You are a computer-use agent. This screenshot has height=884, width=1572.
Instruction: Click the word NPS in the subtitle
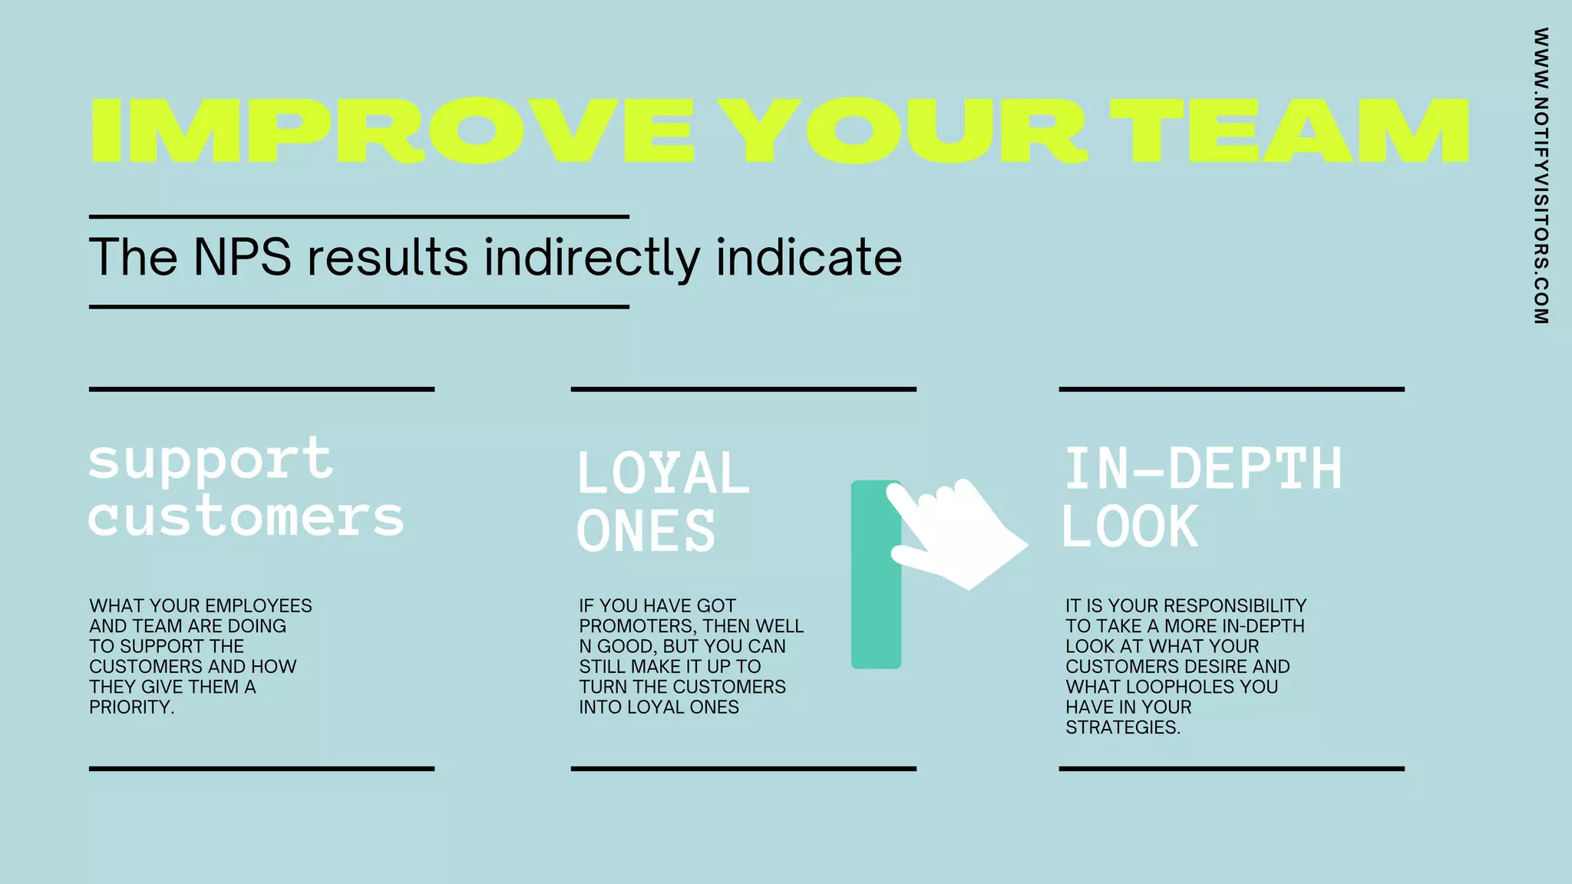pos(242,257)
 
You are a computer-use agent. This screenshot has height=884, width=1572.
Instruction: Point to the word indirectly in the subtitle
pos(592,259)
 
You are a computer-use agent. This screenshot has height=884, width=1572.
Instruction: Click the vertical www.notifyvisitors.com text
pos(1541,176)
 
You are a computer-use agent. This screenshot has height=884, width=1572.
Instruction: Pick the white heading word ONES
pos(646,530)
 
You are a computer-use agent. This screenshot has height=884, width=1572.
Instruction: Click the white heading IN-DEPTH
pos(1203,469)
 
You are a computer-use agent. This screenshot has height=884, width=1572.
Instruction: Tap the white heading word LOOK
pos(1129,527)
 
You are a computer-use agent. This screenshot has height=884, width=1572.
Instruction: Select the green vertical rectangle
pos(874,614)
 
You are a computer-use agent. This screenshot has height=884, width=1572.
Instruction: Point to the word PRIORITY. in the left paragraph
pos(132,708)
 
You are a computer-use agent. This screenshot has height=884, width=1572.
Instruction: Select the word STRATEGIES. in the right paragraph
pos(1123,727)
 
